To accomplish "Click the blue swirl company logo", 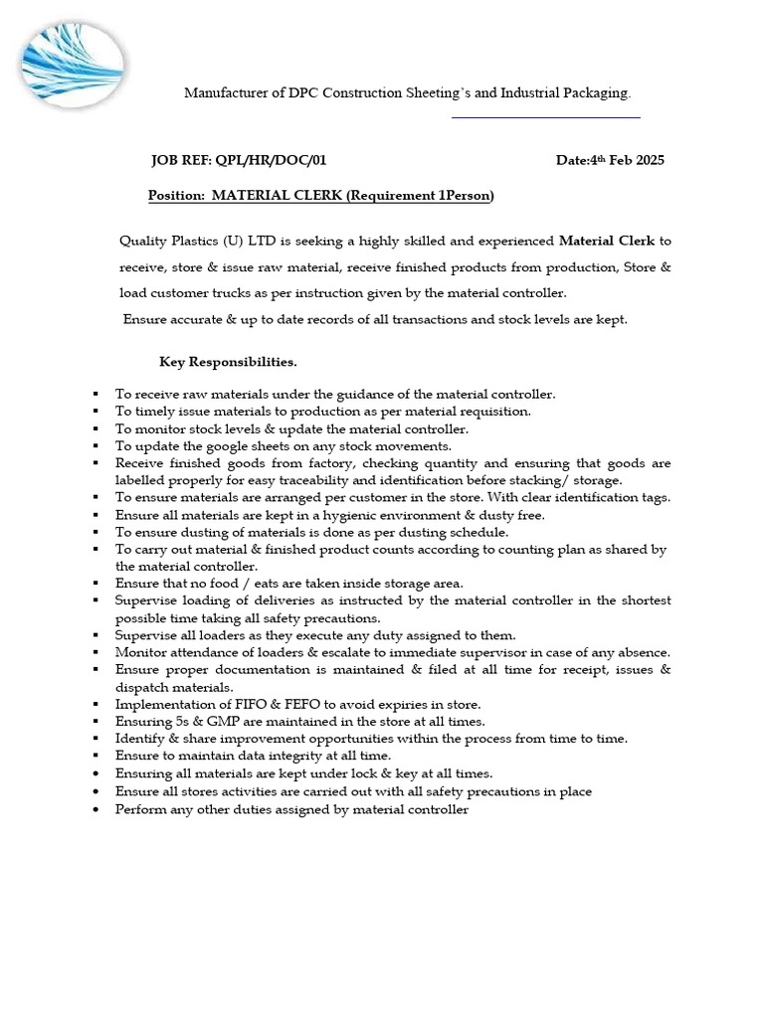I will [72, 65].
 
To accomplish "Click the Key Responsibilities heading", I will [228, 361].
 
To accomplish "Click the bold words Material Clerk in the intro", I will [607, 241].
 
